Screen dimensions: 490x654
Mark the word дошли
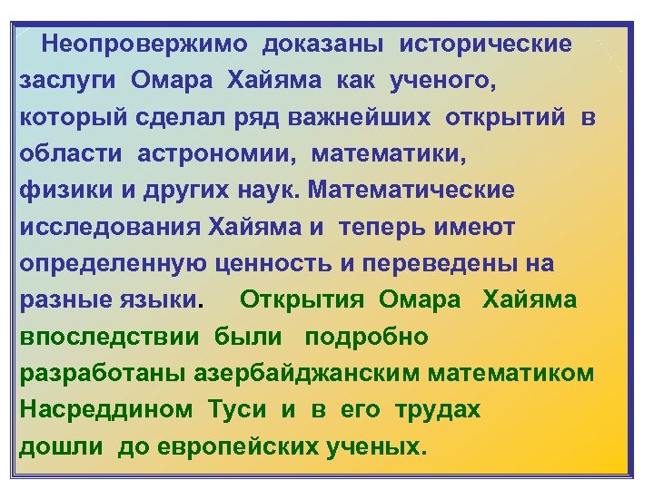56,446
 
